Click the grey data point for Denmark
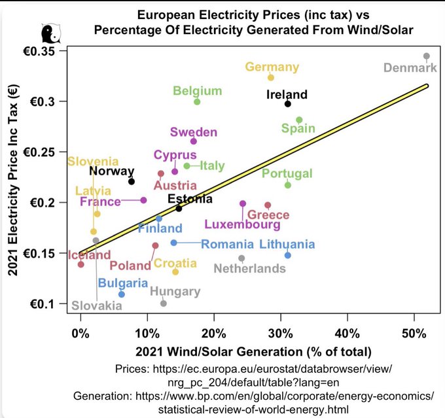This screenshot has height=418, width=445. coord(426,56)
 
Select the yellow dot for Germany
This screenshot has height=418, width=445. coord(271,77)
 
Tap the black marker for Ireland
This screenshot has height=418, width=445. coord(287,104)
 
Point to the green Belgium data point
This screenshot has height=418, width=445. coord(197,101)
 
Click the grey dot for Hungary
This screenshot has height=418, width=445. coord(164,304)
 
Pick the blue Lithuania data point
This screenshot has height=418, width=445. coord(287,255)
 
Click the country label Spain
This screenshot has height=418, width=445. coord(298,129)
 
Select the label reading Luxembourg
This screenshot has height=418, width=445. coord(242,225)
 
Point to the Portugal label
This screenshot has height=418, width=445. coord(287,173)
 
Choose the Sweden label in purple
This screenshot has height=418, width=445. coord(193,132)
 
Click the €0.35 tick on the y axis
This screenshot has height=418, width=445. coord(43,51)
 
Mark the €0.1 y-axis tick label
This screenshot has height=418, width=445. coord(47,304)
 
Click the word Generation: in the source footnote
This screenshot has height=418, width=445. coord(103,396)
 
